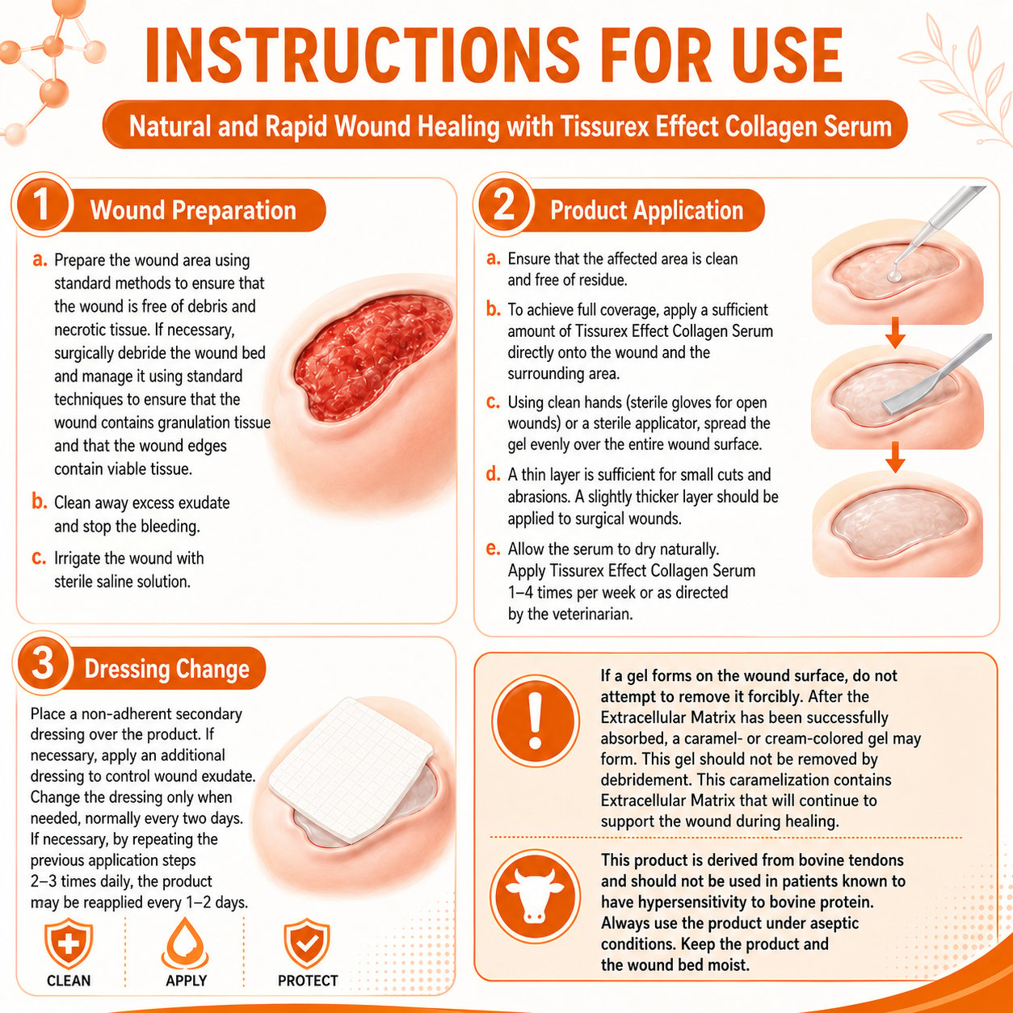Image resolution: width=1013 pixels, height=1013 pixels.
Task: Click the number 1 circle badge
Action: pos(42,204)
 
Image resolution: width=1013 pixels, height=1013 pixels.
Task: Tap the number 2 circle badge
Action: pos(503,204)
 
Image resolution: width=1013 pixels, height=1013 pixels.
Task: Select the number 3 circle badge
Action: pos(42,662)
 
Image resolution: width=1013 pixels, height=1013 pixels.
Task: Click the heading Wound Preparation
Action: pos(193,210)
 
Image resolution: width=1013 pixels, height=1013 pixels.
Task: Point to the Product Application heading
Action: pos(646,210)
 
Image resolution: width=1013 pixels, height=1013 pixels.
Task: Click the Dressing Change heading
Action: pos(166,669)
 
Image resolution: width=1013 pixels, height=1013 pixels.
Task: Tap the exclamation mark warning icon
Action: pos(535,721)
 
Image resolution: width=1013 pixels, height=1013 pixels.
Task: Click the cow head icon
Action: pos(535,897)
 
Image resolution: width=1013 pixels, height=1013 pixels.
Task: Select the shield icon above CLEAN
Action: pos(69,943)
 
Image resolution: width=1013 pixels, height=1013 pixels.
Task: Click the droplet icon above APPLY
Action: pos(186,943)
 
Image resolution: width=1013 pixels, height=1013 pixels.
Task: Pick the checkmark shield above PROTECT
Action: pos(307,943)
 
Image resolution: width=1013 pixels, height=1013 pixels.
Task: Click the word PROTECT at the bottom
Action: pos(308,981)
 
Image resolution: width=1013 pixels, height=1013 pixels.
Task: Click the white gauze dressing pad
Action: pos(351,770)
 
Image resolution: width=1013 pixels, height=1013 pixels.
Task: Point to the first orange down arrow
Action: pos(895,332)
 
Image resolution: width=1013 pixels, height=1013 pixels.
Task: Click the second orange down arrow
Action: pos(895,457)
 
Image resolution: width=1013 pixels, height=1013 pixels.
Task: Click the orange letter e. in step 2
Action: pos(493,549)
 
